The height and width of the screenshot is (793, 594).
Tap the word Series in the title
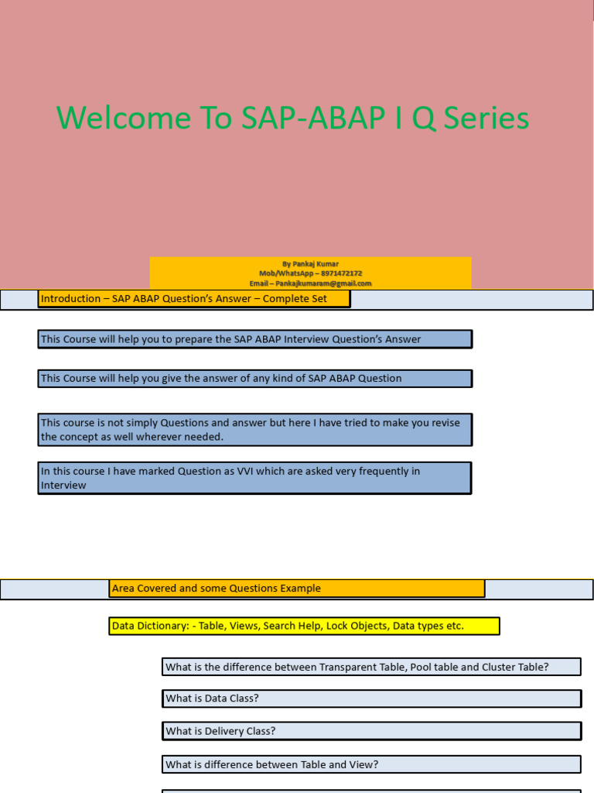(x=487, y=118)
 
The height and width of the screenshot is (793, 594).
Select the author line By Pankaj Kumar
(x=310, y=264)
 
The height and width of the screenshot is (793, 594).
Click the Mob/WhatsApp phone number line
(x=310, y=273)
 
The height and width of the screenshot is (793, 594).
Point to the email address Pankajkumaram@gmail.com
(x=310, y=283)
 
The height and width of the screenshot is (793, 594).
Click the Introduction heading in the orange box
(x=193, y=299)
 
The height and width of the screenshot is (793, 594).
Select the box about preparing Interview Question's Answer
(x=254, y=338)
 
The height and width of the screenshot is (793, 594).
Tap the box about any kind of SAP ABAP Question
(x=254, y=379)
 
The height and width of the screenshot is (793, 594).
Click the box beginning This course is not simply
(x=254, y=430)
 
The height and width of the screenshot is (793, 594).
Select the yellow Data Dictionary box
(x=304, y=626)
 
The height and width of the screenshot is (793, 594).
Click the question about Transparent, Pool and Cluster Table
(x=371, y=667)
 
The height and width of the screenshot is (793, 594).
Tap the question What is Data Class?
(x=371, y=699)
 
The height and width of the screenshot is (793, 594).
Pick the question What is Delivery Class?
(x=371, y=731)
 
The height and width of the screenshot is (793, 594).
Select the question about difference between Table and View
(x=371, y=764)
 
